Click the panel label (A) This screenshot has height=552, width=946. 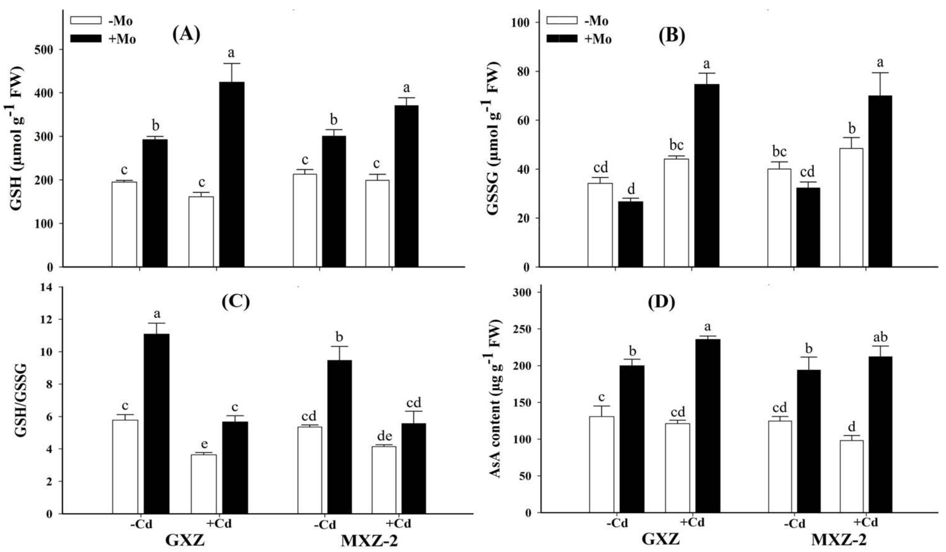coord(186,35)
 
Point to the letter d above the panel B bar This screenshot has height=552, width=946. coord(631,190)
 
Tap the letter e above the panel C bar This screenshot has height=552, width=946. coord(204,444)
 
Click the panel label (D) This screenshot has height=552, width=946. coord(661,302)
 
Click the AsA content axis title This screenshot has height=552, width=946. coord(496,399)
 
